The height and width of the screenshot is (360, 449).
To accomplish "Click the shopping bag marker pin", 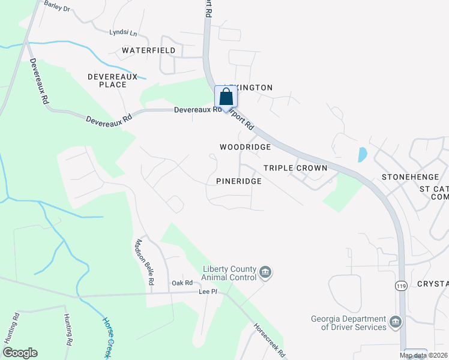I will tap(225, 97).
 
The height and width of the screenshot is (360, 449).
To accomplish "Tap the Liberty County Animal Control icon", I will tap(265, 274).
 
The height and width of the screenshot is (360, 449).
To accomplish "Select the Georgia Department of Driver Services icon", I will tap(396, 323).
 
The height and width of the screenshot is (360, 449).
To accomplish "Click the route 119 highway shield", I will tap(402, 287).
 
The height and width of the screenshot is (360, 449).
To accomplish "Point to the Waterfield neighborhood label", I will tap(148, 50).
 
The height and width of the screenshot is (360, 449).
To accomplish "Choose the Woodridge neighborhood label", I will tap(245, 147).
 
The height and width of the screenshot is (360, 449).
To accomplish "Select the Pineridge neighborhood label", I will tap(239, 181).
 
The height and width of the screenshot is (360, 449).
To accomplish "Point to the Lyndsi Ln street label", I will tap(122, 32).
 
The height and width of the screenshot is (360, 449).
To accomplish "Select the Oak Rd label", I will tap(182, 283).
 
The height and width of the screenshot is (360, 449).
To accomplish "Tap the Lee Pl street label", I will tap(208, 292).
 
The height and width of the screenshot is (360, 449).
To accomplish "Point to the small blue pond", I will tap(363, 154).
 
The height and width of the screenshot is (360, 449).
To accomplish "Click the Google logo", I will tap(20, 353).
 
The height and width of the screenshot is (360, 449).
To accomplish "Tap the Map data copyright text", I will tap(423, 355).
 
